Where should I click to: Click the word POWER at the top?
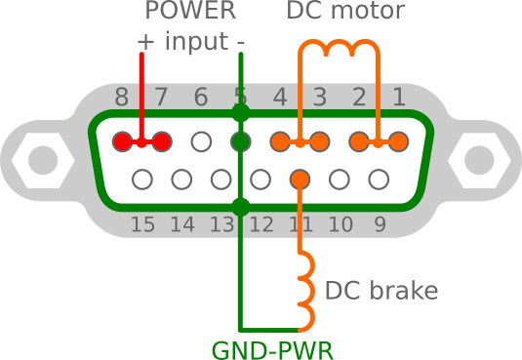tap(191, 11)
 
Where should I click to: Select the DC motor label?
tap(345, 11)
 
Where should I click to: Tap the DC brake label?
tap(381, 291)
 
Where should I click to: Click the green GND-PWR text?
tap(272, 350)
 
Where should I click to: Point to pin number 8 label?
tap(122, 97)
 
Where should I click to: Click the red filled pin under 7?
tap(162, 141)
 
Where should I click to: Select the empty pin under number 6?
tap(201, 141)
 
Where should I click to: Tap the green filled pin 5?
tap(241, 141)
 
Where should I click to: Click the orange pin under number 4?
tap(280, 141)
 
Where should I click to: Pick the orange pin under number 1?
tap(398, 141)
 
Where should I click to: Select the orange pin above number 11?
tap(300, 180)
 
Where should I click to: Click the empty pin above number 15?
tap(142, 180)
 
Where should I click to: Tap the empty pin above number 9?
tap(379, 180)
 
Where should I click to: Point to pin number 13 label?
tap(221, 224)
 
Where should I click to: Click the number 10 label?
tap(341, 224)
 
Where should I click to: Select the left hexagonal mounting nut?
tap(43, 161)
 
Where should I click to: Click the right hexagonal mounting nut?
tap(479, 161)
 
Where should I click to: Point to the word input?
tap(196, 41)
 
